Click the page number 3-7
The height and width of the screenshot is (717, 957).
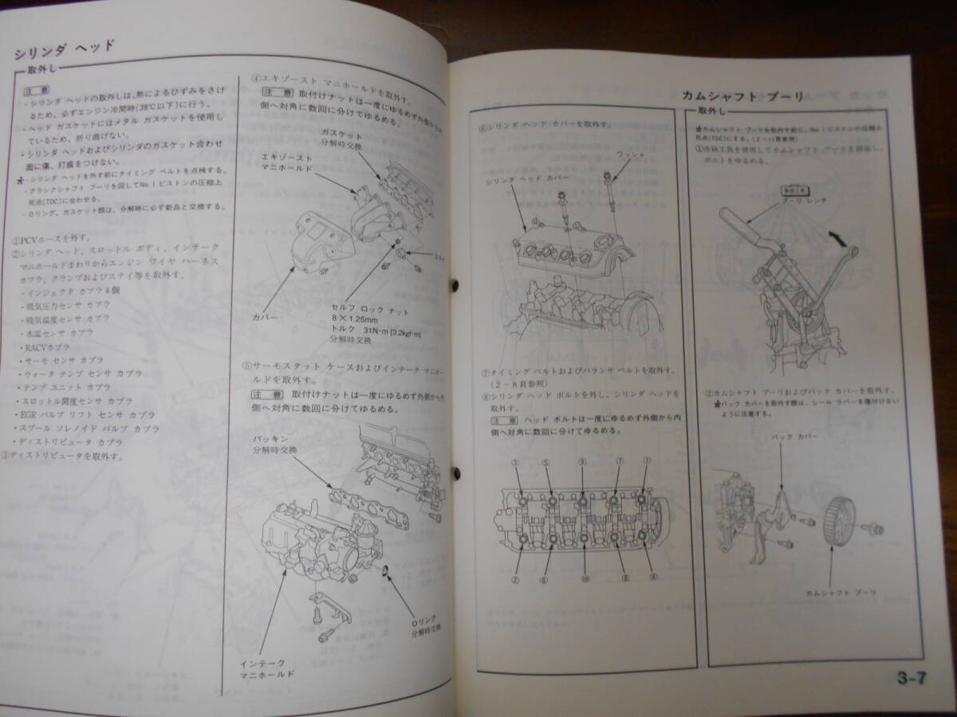pos(912,680)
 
